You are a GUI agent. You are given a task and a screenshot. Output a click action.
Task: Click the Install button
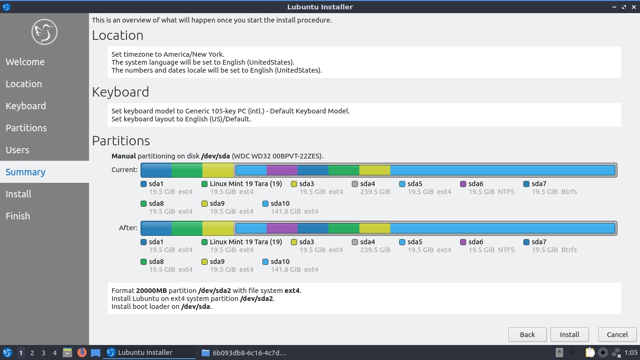click(x=569, y=334)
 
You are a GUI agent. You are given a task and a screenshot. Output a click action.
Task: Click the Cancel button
click(x=617, y=334)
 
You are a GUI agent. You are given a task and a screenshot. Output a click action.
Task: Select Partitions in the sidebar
click(x=26, y=128)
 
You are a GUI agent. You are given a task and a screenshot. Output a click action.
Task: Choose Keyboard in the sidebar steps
click(x=26, y=106)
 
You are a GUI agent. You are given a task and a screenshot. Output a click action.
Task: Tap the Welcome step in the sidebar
click(x=25, y=62)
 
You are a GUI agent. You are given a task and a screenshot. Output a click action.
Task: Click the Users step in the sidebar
click(x=17, y=150)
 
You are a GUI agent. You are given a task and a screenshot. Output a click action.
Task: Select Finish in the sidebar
click(x=18, y=216)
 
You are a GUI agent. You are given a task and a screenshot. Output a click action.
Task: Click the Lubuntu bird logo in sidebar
click(x=45, y=32)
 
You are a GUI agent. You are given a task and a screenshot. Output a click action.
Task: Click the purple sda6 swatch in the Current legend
click(x=463, y=184)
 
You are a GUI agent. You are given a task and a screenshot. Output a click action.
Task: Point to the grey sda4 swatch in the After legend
click(x=355, y=242)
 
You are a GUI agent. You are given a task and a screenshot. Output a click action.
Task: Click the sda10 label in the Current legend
click(x=280, y=203)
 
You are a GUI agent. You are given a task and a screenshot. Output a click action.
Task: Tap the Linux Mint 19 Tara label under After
click(x=246, y=242)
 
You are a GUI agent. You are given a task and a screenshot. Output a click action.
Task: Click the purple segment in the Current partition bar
click(x=282, y=170)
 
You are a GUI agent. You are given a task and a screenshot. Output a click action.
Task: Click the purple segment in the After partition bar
click(x=282, y=228)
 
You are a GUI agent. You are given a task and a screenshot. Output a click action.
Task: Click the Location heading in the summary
click(x=118, y=36)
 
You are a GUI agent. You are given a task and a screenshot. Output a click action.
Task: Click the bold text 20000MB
click(x=151, y=291)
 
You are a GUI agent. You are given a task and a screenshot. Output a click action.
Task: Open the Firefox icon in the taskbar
click(x=82, y=352)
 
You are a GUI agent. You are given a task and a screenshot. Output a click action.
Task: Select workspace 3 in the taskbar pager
click(x=43, y=353)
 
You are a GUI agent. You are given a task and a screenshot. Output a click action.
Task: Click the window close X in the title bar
click(x=634, y=7)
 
